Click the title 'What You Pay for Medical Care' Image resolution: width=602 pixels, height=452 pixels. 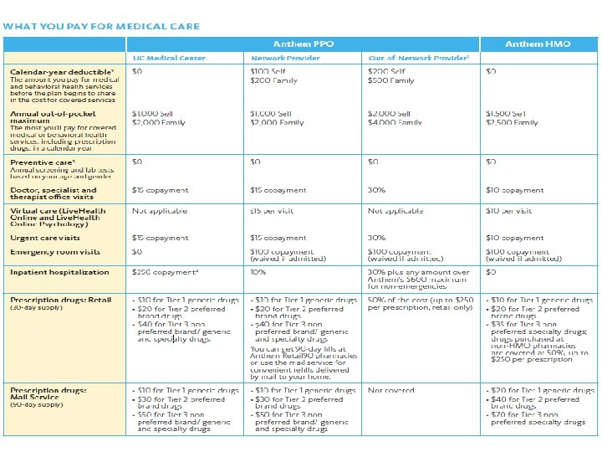pos(101,26)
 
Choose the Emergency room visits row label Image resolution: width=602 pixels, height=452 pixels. pos(55,251)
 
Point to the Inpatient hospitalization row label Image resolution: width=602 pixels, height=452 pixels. pos(59,272)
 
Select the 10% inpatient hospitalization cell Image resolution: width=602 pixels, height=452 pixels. pos(259,272)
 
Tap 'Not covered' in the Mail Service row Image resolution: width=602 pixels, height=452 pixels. pos(391,390)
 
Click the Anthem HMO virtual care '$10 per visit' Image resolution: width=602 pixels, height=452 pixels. pos(508,211)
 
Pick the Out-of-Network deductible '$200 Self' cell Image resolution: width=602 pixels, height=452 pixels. pos(390,71)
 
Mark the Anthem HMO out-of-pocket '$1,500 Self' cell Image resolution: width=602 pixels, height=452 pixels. pos(506,113)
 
